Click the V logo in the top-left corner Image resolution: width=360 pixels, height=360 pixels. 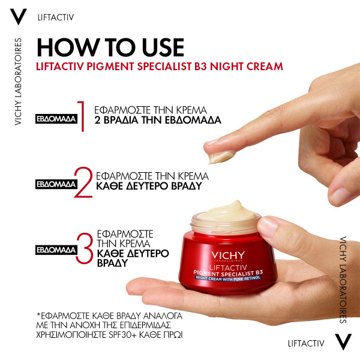19,17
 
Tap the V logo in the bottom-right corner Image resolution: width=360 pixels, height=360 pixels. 342,343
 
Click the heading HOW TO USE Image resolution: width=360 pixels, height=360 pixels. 110,47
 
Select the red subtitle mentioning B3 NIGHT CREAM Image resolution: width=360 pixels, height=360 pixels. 160,66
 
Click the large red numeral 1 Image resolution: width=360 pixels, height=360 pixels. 83,116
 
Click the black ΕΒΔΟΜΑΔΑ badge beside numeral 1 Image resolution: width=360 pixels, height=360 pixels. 56,118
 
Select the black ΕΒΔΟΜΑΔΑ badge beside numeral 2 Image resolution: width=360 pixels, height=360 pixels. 56,183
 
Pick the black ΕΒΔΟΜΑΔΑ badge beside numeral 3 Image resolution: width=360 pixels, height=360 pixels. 56,248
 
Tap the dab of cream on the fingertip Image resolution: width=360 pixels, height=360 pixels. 221,155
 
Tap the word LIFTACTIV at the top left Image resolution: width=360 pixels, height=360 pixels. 55,17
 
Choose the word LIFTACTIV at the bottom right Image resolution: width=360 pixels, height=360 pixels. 306,343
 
